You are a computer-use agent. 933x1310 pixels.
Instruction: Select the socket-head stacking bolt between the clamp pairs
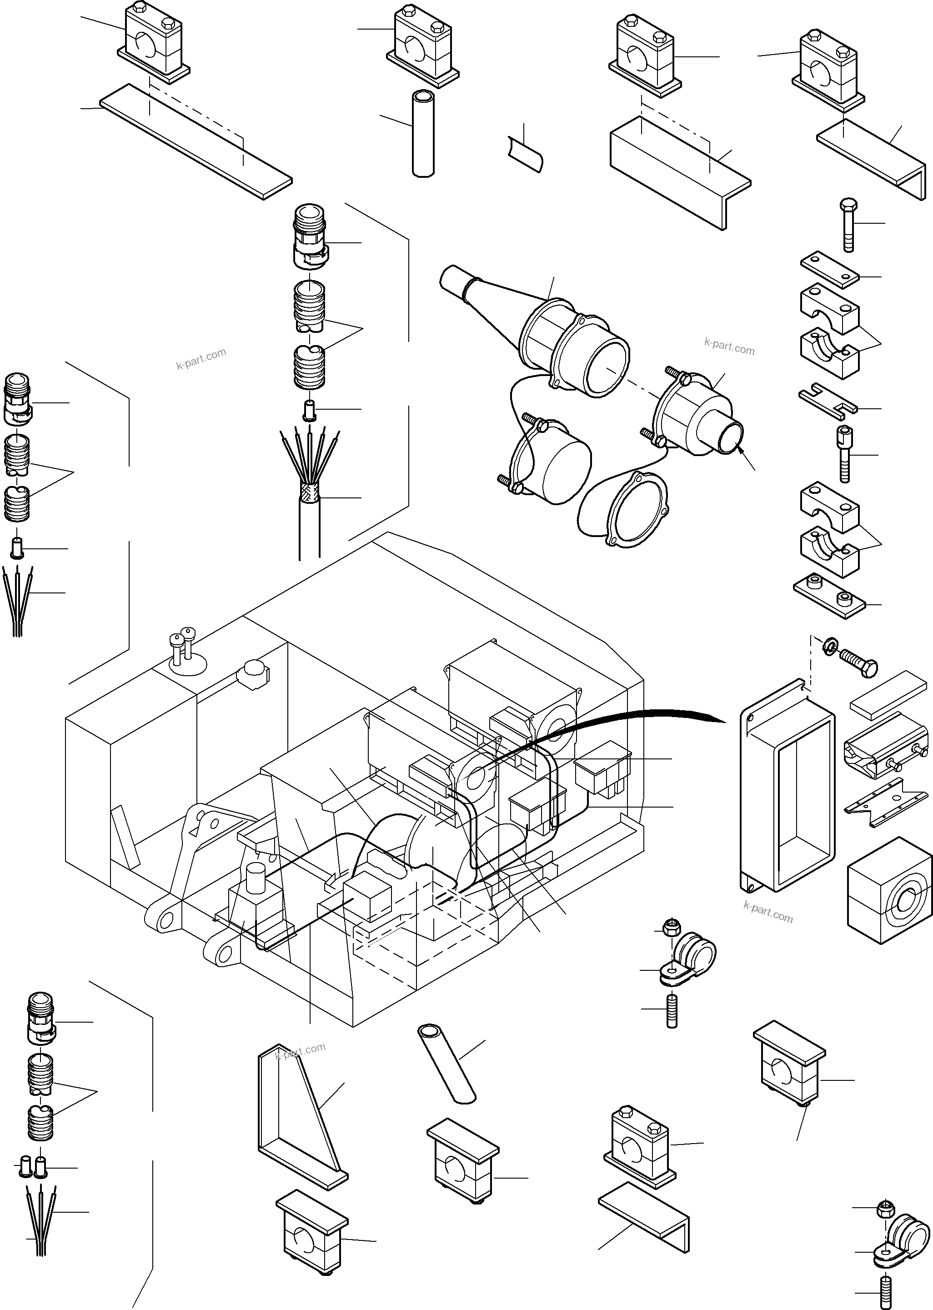846,454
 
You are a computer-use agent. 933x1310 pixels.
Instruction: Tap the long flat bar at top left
196,141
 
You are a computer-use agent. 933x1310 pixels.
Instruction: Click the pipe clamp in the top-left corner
153,43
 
